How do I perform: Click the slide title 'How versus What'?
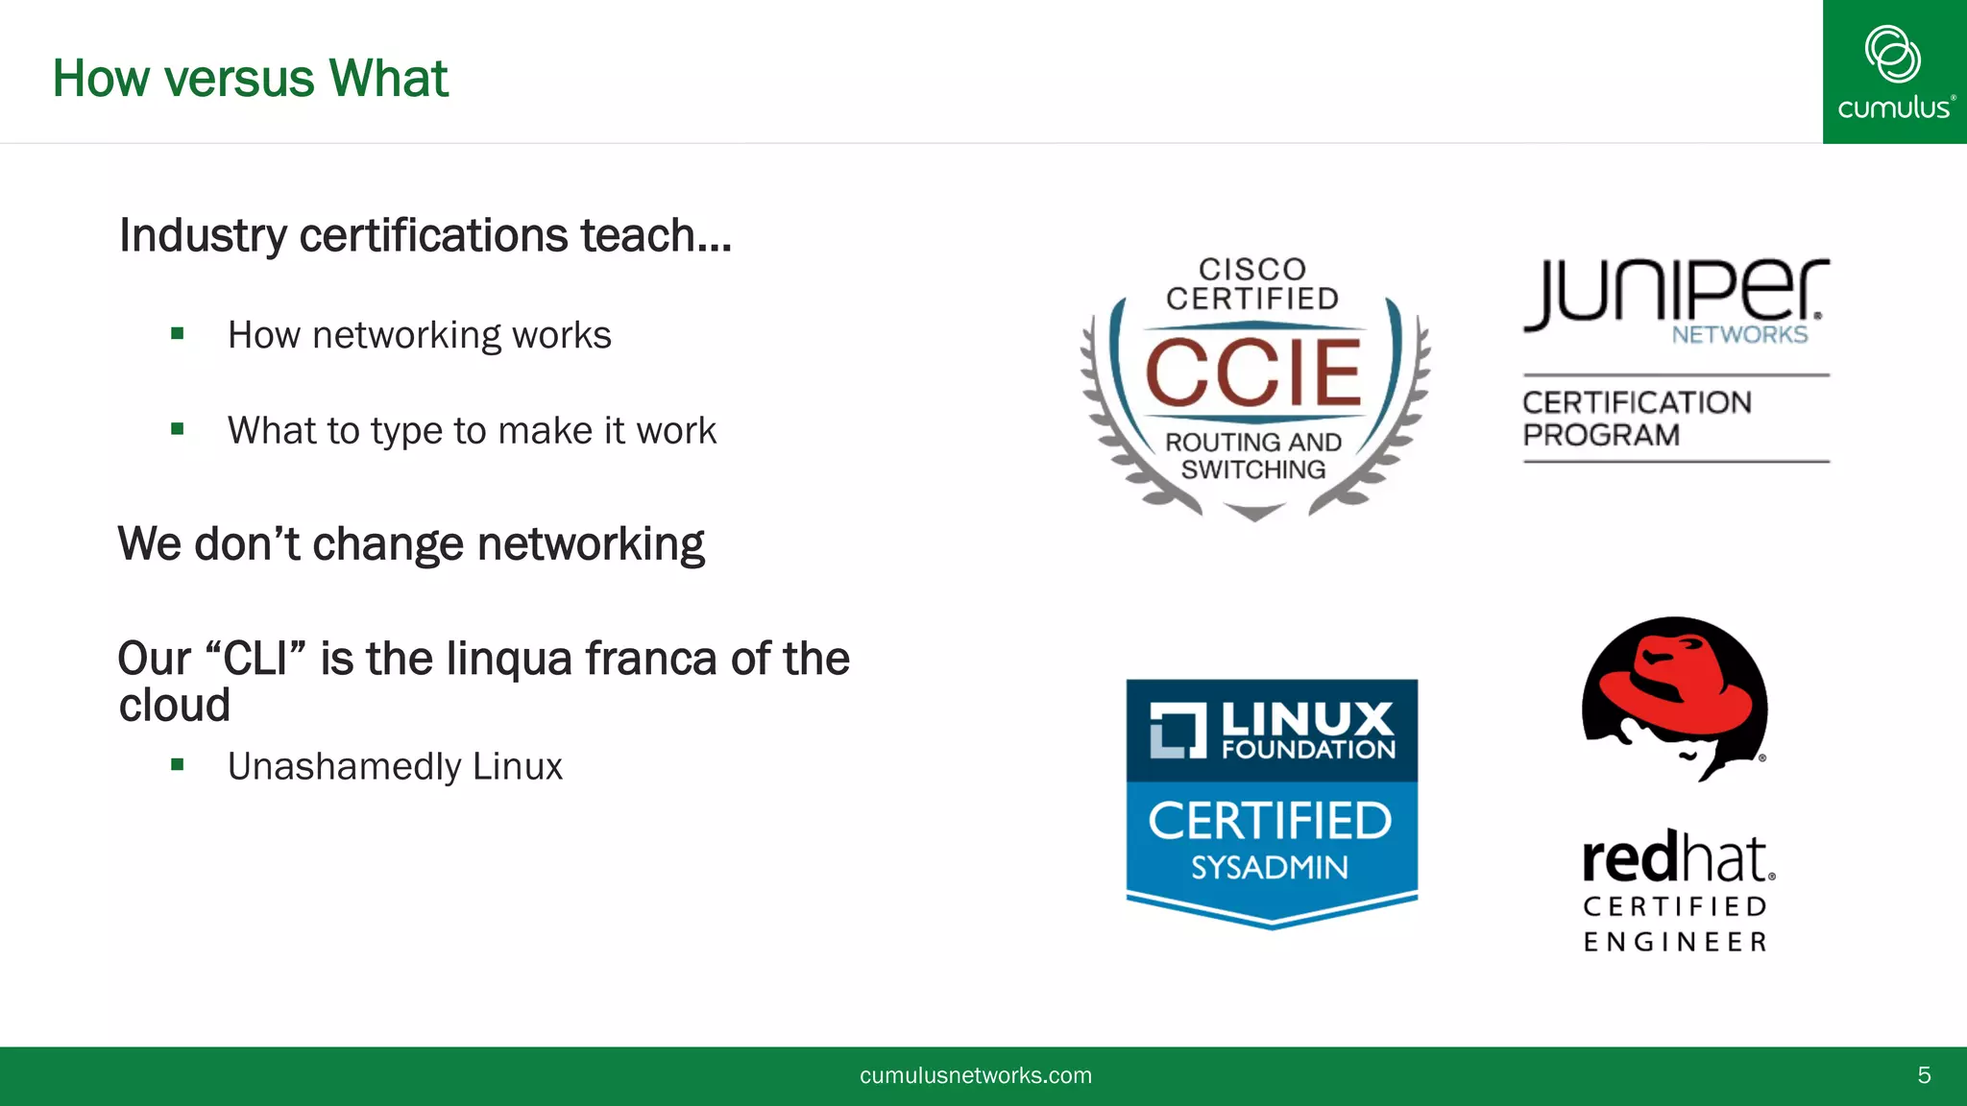pyautogui.click(x=250, y=79)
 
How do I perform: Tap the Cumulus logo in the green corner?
pyautogui.click(x=1893, y=72)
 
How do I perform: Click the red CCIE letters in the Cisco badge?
pyautogui.click(x=1253, y=373)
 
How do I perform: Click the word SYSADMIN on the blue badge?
pyautogui.click(x=1270, y=868)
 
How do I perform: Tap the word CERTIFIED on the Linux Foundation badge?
pyautogui.click(x=1270, y=822)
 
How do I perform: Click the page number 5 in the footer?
pyautogui.click(x=1924, y=1075)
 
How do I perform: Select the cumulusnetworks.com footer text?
pyautogui.click(x=976, y=1075)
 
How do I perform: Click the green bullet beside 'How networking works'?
pyautogui.click(x=177, y=334)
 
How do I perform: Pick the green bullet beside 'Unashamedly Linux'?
pyautogui.click(x=177, y=765)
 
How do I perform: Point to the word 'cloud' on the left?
pyautogui.click(x=174, y=706)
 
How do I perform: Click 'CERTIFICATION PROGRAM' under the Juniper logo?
pyautogui.click(x=1637, y=419)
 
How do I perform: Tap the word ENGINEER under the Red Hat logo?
pyautogui.click(x=1675, y=942)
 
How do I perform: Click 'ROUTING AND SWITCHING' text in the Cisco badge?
pyautogui.click(x=1253, y=456)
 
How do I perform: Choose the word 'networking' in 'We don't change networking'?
pyautogui.click(x=590, y=544)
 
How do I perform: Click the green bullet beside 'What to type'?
pyautogui.click(x=177, y=429)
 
